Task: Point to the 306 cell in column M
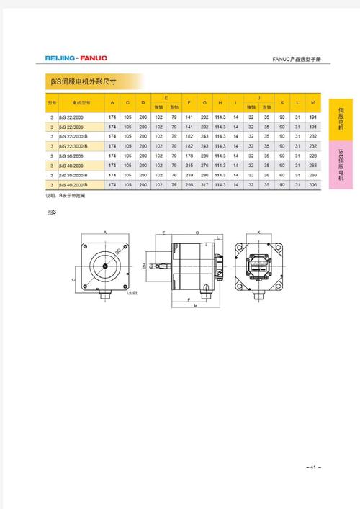pyautogui.click(x=312, y=185)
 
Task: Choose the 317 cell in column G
pyautogui.click(x=204, y=185)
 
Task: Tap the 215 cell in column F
pyautogui.click(x=189, y=165)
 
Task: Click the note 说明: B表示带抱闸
pyautogui.click(x=66, y=195)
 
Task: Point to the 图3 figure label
pyautogui.click(x=51, y=213)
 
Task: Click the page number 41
pyautogui.click(x=313, y=467)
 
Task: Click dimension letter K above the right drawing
pyautogui.click(x=259, y=233)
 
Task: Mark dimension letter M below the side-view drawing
pyautogui.click(x=195, y=307)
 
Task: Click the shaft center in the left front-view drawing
pyautogui.click(x=105, y=266)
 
